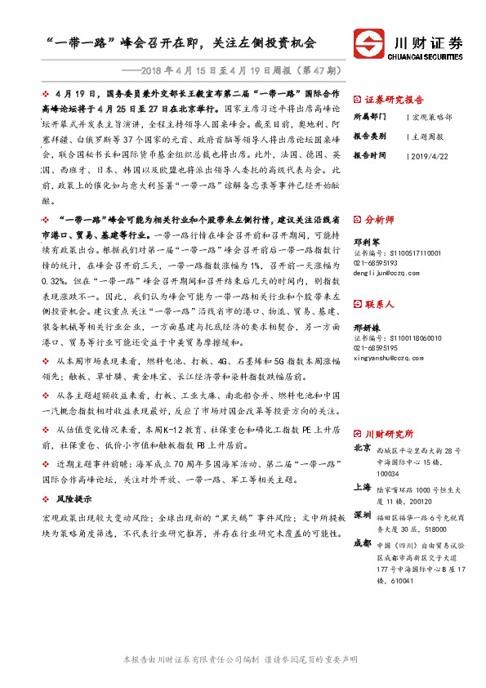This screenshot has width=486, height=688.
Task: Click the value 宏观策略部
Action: click(x=431, y=118)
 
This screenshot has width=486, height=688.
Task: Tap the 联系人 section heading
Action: click(x=379, y=304)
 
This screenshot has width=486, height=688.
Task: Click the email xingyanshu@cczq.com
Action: click(x=389, y=357)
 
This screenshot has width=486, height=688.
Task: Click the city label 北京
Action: click(x=363, y=449)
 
